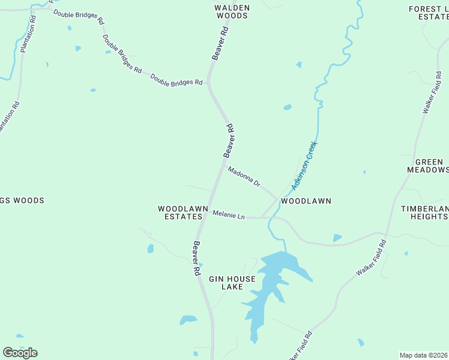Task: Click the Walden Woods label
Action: [x=232, y=12]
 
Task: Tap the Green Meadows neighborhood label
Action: [x=429, y=166]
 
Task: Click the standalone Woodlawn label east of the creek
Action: [x=306, y=201]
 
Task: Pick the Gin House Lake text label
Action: [x=232, y=283]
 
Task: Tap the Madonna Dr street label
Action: [x=244, y=176]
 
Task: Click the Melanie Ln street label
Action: [x=229, y=215]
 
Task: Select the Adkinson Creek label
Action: [x=304, y=166]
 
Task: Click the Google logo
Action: [x=20, y=352]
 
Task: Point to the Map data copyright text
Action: [x=423, y=355]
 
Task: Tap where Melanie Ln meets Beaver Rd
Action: [x=206, y=212]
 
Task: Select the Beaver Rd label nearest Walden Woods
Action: [x=220, y=43]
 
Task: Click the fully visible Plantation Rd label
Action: [x=28, y=34]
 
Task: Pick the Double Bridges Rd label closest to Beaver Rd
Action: [x=176, y=79]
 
